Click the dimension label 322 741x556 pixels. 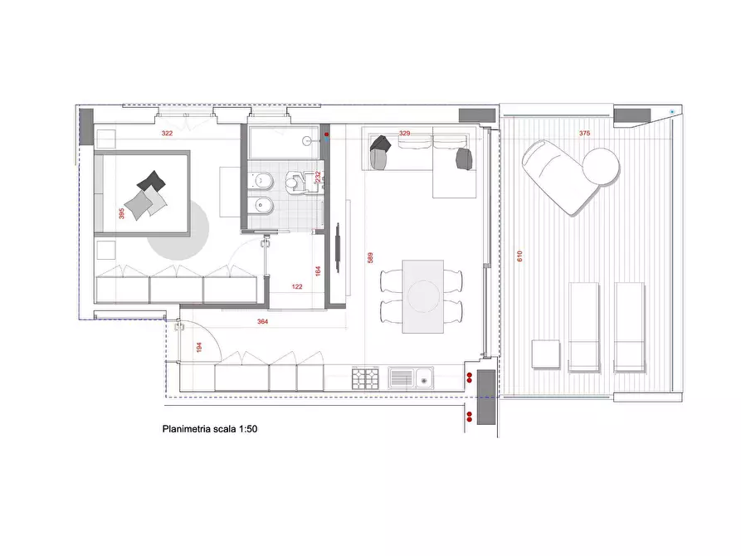tap(167, 133)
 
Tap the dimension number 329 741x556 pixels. tap(405, 133)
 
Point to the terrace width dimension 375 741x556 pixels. tap(585, 133)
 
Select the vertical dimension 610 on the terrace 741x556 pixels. tap(520, 257)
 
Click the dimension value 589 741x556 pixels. tap(371, 258)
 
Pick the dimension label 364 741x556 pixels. tap(262, 321)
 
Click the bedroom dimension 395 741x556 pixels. tap(122, 213)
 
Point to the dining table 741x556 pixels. tap(422, 296)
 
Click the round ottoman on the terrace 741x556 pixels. tap(600, 166)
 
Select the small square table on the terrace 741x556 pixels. tap(546, 354)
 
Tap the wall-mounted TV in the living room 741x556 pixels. tap(338, 247)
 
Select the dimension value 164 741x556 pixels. tap(318, 271)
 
